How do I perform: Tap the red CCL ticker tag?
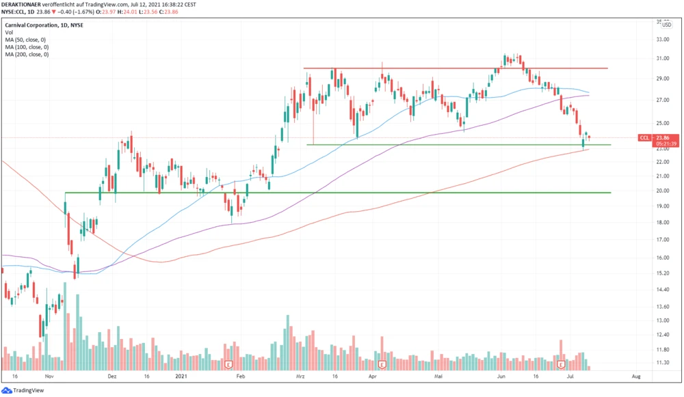(644, 137)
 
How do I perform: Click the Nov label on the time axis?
(49, 377)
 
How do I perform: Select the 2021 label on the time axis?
(181, 377)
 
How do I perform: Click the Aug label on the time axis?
(635, 377)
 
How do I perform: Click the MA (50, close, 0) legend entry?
(25, 39)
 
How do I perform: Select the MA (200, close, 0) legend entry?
(27, 54)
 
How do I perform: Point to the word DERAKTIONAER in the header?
(23, 3)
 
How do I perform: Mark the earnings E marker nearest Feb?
(228, 364)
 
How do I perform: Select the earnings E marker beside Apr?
(382, 364)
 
